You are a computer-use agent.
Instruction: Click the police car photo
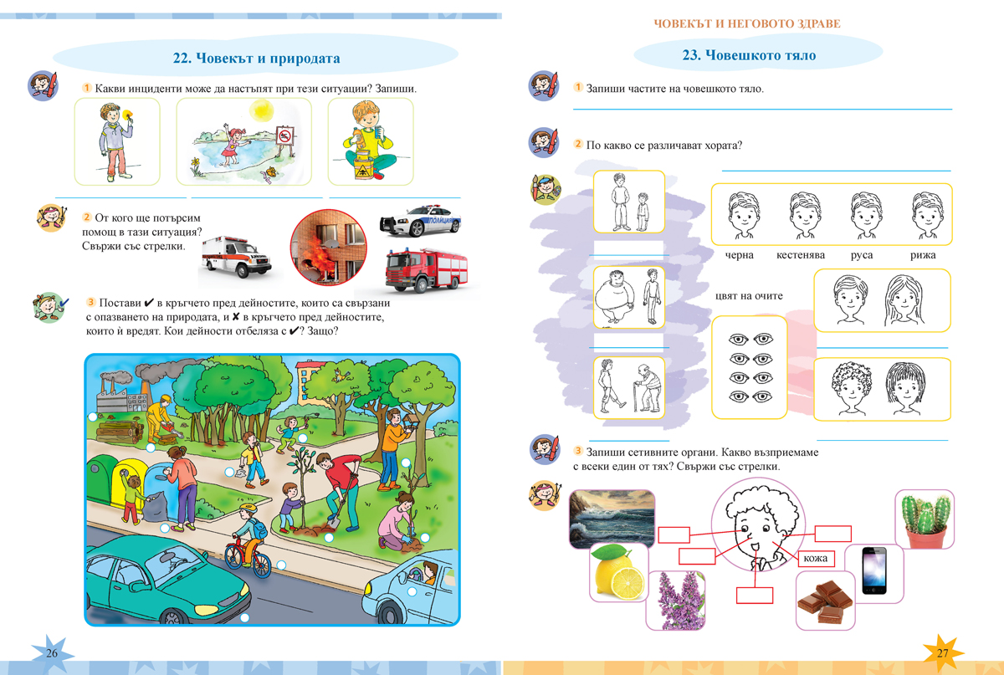click(x=419, y=220)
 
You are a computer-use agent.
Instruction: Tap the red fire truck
click(x=426, y=269)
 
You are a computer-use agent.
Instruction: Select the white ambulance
click(x=236, y=257)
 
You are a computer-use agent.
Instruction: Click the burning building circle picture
click(x=329, y=248)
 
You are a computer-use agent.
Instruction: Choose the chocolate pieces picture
click(x=825, y=601)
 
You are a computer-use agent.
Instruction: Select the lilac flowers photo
click(x=675, y=600)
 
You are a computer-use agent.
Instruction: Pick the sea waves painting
click(x=612, y=519)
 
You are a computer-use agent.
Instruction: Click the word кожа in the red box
click(x=815, y=559)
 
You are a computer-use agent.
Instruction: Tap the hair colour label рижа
click(x=923, y=255)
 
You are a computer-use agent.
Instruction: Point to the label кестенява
click(x=801, y=255)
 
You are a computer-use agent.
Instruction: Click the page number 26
click(x=52, y=652)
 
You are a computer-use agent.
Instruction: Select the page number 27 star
click(x=943, y=652)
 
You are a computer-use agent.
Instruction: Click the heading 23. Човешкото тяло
click(x=749, y=55)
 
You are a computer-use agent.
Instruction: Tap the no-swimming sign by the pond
click(x=285, y=135)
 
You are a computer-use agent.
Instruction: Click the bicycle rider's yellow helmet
click(x=248, y=509)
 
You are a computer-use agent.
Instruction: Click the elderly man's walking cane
click(x=636, y=396)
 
